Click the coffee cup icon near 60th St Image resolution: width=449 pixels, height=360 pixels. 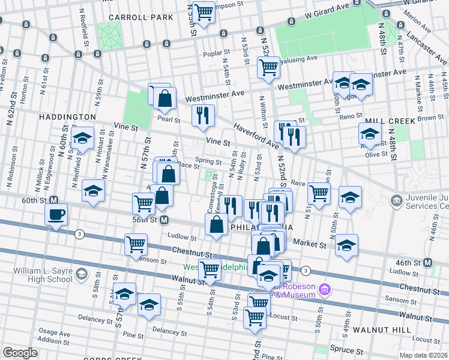click(x=57, y=215)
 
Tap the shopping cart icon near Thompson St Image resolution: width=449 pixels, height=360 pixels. click(x=204, y=11)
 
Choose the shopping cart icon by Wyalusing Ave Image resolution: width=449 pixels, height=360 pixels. click(x=268, y=67)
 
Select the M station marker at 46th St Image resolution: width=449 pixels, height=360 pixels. click(x=428, y=262)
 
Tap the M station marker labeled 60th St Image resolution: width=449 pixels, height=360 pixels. click(x=53, y=200)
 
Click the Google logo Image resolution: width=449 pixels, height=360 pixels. click(x=20, y=353)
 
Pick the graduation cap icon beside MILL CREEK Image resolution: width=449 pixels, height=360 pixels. click(x=370, y=134)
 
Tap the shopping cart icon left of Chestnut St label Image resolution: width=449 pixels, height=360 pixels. click(x=136, y=244)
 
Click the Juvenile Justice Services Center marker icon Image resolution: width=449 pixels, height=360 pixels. click(x=396, y=200)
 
